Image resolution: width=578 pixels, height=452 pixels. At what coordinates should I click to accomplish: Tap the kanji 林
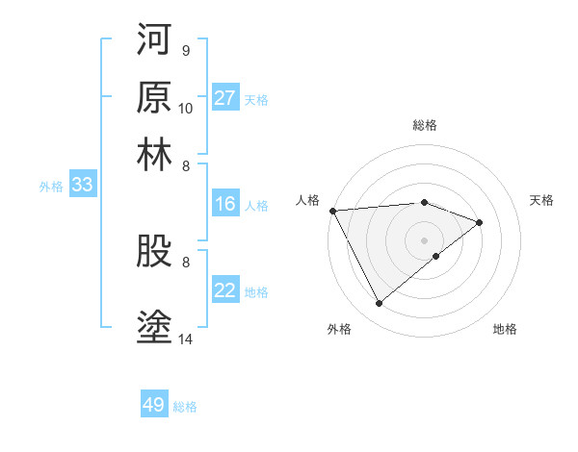pyautogui.click(x=155, y=155)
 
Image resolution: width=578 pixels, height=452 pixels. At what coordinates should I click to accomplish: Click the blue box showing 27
pyautogui.click(x=225, y=98)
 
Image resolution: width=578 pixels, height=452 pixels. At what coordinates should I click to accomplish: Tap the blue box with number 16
pyautogui.click(x=225, y=204)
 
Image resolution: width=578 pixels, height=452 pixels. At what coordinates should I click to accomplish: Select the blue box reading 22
pyautogui.click(x=225, y=290)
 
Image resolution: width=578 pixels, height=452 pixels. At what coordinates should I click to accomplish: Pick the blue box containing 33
pyautogui.click(x=82, y=186)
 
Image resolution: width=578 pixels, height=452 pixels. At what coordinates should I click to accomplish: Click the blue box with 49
pyautogui.click(x=154, y=405)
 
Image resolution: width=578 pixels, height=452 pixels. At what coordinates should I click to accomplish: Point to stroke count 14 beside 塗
pyautogui.click(x=186, y=338)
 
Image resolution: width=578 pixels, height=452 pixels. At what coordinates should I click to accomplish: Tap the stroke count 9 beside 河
pyautogui.click(x=185, y=49)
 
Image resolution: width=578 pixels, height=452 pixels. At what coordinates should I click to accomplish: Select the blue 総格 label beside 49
pyautogui.click(x=185, y=407)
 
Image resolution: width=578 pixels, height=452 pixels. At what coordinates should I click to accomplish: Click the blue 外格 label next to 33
pyautogui.click(x=50, y=187)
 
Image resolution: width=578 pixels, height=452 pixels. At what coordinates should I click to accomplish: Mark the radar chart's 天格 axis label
pyautogui.click(x=542, y=200)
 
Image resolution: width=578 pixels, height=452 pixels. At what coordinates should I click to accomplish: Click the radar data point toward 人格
pyautogui.click(x=332, y=211)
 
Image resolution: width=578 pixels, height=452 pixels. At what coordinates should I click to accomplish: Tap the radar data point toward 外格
pyautogui.click(x=379, y=304)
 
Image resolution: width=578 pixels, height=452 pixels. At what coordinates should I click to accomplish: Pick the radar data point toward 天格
pyautogui.click(x=480, y=223)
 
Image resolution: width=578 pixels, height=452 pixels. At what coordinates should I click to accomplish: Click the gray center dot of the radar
pyautogui.click(x=425, y=239)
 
